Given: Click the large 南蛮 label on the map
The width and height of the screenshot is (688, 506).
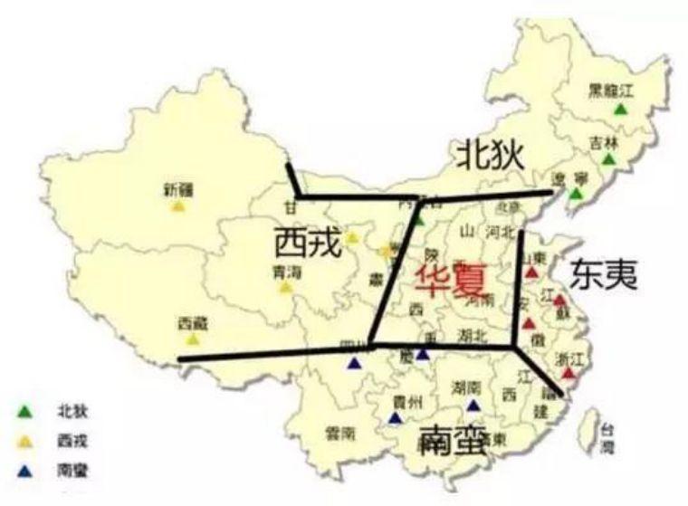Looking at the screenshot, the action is [x=453, y=443].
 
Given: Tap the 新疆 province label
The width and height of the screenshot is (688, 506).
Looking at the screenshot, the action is [x=178, y=190].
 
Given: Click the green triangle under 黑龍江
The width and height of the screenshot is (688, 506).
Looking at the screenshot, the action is [x=620, y=110].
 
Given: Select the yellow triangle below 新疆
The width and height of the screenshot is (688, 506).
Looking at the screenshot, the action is [x=178, y=206].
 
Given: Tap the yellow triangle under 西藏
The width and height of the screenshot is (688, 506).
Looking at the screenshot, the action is [x=193, y=339].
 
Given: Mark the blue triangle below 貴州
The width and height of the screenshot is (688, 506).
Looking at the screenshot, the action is [x=395, y=418].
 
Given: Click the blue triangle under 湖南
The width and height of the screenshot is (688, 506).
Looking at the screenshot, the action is [x=472, y=405].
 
